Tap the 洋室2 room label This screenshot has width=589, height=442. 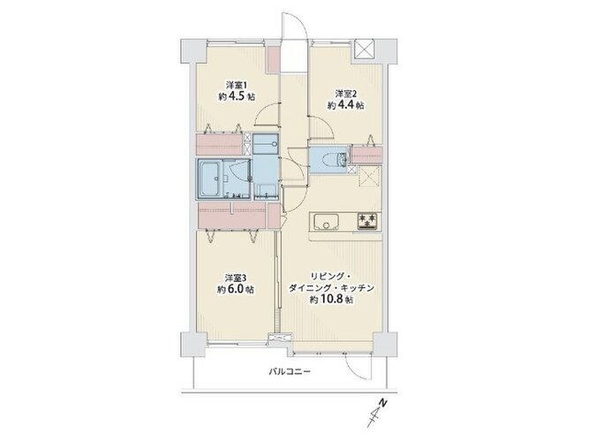(345, 93)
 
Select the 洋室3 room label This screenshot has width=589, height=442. (236, 278)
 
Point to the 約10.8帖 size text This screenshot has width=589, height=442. (331, 300)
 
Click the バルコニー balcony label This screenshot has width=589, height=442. (290, 372)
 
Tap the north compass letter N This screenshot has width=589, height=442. (382, 402)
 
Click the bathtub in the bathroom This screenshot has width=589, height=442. (210, 179)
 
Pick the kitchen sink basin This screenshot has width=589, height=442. (327, 221)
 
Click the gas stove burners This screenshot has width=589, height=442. (367, 220)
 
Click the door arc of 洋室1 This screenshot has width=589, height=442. (267, 113)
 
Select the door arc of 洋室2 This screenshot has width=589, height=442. (321, 127)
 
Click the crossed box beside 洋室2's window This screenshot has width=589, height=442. (365, 49)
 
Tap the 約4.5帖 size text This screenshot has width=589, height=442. (237, 96)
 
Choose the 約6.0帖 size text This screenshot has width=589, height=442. (236, 289)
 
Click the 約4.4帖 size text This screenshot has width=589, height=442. (345, 105)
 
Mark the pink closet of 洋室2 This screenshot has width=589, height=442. (366, 155)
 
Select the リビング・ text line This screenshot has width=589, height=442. (330, 278)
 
